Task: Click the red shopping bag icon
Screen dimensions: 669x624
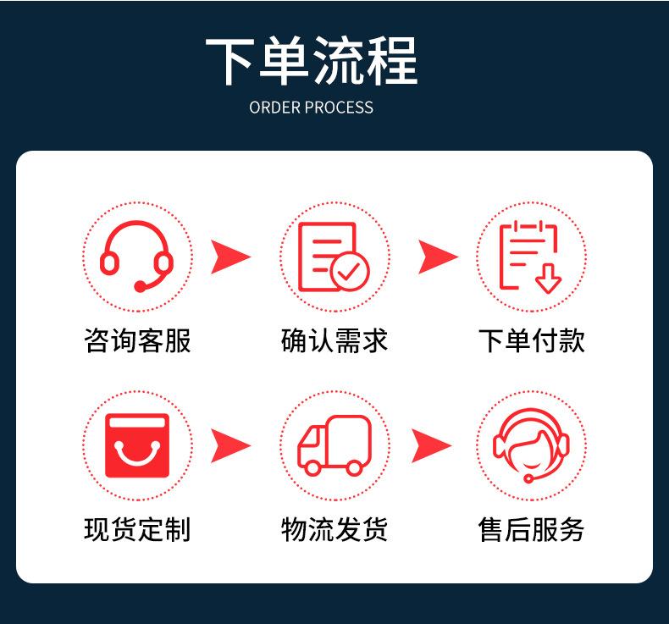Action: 137,445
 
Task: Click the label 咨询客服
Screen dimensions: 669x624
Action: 137,341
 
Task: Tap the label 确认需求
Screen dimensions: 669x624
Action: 334,341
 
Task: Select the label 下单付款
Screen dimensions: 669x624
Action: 531,341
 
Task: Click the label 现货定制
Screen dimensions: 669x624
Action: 137,529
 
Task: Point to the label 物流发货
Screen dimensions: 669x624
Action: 334,529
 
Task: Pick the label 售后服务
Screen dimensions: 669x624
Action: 531,529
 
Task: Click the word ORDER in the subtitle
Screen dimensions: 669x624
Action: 275,108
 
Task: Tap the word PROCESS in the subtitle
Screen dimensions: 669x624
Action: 340,108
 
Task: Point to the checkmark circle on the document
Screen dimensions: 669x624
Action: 350,271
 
